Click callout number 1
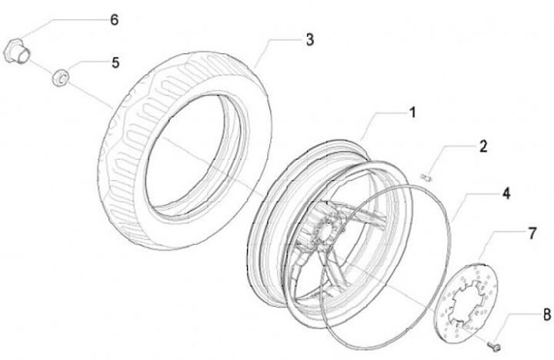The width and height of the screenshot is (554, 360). click(412, 112)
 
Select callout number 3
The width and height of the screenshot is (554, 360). click(309, 40)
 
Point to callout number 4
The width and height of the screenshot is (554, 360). click(506, 194)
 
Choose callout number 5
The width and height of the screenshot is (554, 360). click(115, 62)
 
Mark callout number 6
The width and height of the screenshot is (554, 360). click(114, 20)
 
